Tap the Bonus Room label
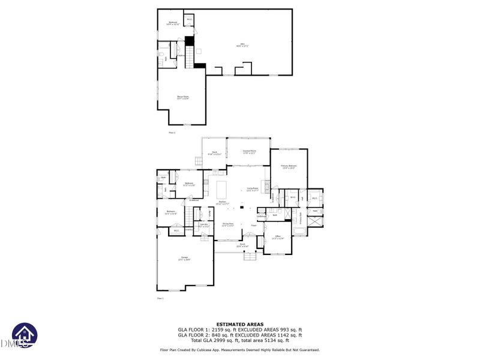pos(182,98)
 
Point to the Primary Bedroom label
pos(289,166)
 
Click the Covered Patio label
pos(249,152)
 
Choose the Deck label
pos(214,153)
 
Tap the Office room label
pos(278,237)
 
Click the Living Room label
pos(253,189)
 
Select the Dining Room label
pos(227,225)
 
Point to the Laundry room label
pos(204,225)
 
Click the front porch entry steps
pos(250,256)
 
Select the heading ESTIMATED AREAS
pos(239,324)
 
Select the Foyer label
pos(254,226)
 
